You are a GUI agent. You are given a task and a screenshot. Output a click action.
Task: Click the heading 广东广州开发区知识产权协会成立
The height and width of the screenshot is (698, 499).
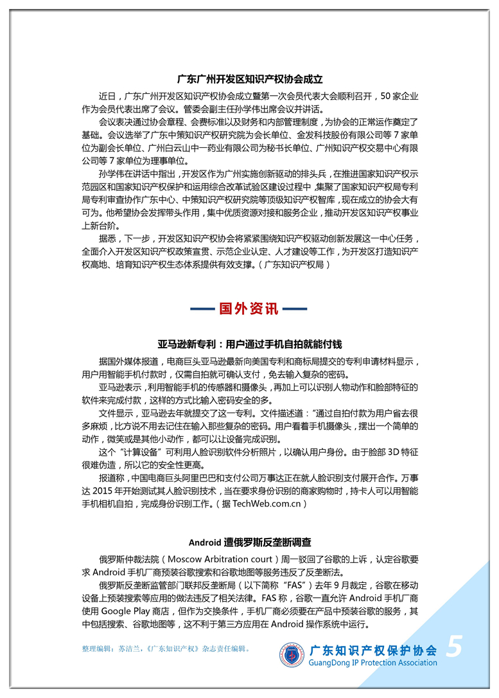pos(249,80)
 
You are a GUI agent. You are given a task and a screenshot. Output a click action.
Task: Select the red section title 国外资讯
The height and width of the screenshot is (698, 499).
pos(249,309)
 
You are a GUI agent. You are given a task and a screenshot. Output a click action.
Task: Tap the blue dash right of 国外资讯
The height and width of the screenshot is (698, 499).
pos(295,309)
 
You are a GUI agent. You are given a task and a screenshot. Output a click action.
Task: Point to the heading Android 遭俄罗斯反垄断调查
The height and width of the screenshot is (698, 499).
pos(249,542)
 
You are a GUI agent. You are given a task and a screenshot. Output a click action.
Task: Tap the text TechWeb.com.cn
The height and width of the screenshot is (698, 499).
pos(263,504)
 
